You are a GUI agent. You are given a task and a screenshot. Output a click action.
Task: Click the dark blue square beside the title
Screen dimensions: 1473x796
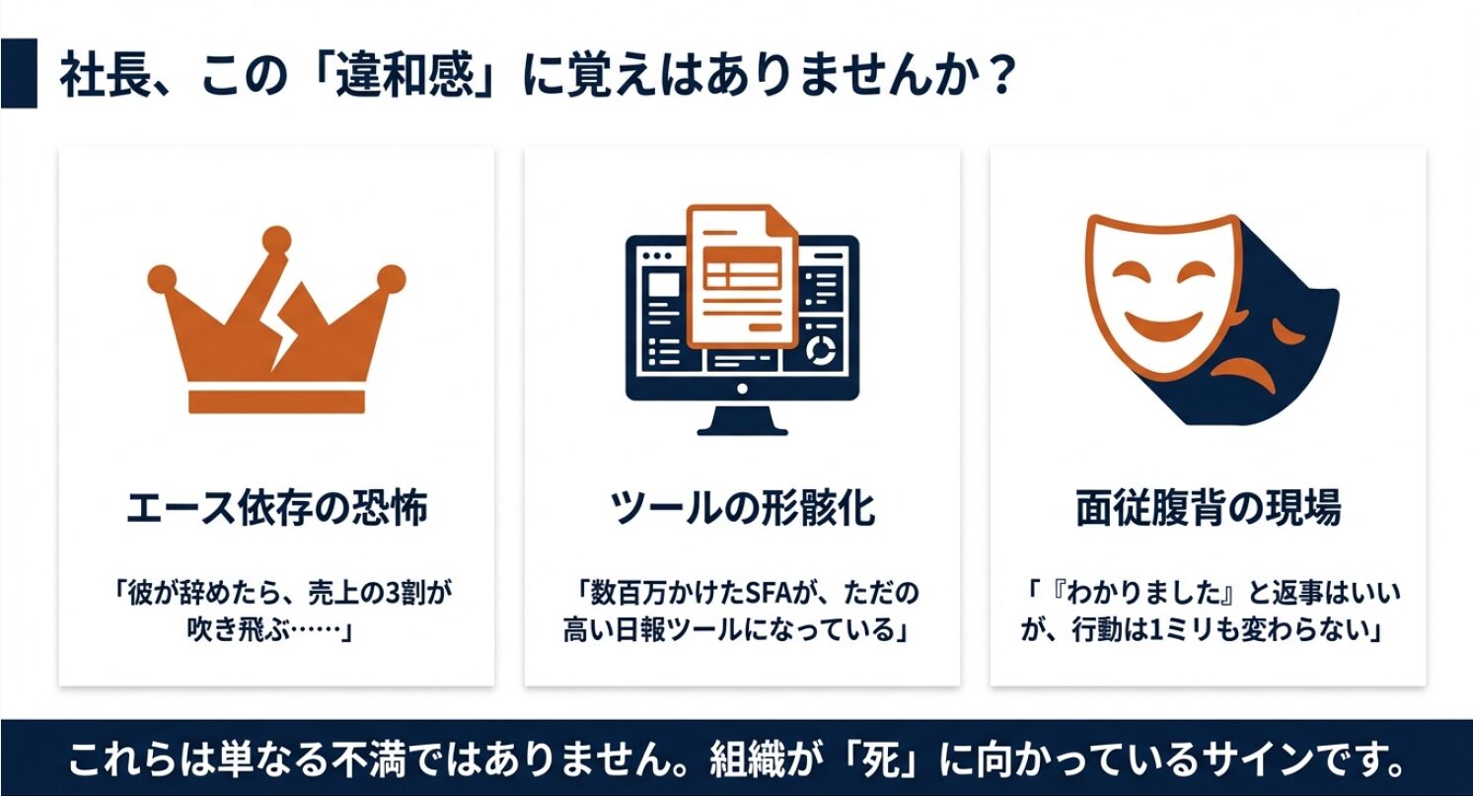pyautogui.click(x=19, y=73)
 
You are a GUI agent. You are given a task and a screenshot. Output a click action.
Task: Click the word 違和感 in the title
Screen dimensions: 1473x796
pyautogui.click(x=405, y=75)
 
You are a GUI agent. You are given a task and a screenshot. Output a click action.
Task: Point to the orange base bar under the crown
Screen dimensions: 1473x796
pyautogui.click(x=277, y=400)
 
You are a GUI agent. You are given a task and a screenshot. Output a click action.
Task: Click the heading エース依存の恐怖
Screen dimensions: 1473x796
pyautogui.click(x=276, y=507)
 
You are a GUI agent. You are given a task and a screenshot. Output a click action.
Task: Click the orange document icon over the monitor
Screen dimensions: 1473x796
pyautogui.click(x=742, y=276)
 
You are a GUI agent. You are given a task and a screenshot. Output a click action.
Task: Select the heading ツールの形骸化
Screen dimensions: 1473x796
pyautogui.click(x=742, y=507)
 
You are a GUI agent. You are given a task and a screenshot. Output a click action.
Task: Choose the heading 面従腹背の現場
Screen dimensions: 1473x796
pyautogui.click(x=1208, y=507)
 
